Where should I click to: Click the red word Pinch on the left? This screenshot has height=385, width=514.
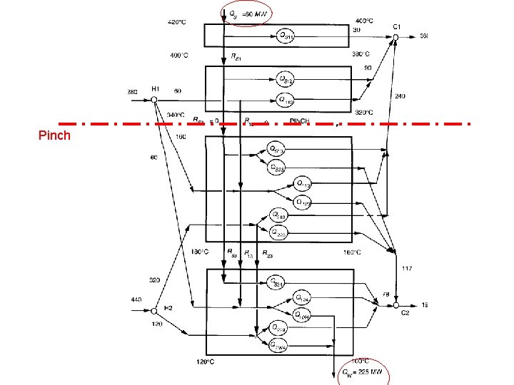tap(55, 135)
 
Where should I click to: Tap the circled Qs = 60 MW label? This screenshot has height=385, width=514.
tap(246, 14)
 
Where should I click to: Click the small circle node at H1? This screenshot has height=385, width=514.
tap(154, 100)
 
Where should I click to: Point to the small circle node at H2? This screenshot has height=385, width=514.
tap(154, 310)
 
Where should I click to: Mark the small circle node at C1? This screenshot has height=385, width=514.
tap(396, 36)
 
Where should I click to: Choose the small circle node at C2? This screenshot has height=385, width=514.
tap(396, 304)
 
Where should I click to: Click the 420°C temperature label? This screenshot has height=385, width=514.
tap(176, 22)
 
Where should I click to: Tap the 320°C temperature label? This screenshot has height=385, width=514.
tap(364, 112)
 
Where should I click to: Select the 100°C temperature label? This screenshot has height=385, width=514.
tap(360, 361)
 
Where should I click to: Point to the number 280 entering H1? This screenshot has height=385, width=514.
tap(132, 91)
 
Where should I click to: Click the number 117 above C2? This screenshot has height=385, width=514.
tap(407, 268)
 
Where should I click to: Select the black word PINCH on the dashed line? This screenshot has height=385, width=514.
tap(300, 122)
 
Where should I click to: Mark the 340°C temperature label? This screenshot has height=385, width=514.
tap(176, 115)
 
